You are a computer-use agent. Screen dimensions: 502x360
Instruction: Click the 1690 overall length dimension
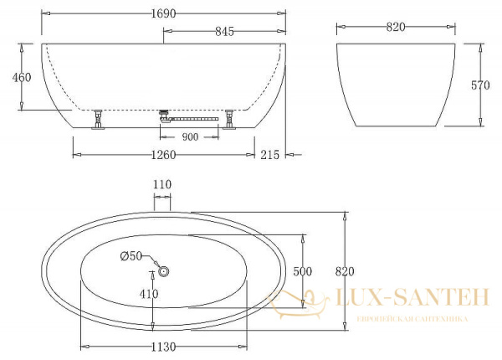[x=164, y=13]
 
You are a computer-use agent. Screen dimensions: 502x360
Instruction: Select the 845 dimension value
[x=224, y=31]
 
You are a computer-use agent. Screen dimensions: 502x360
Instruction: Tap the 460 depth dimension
[x=22, y=77]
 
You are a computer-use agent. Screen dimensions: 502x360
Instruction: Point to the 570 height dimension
[x=480, y=85]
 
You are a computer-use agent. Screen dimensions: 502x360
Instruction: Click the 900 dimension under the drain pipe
[x=190, y=137]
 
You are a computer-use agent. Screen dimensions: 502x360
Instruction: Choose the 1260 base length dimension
[x=164, y=155]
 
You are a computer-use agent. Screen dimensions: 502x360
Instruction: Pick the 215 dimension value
[x=269, y=155]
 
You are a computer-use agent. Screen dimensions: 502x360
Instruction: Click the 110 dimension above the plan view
[x=162, y=184]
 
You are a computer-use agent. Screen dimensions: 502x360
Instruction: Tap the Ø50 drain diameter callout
[x=131, y=256]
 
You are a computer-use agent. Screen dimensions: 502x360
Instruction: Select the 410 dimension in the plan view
[x=149, y=294]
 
